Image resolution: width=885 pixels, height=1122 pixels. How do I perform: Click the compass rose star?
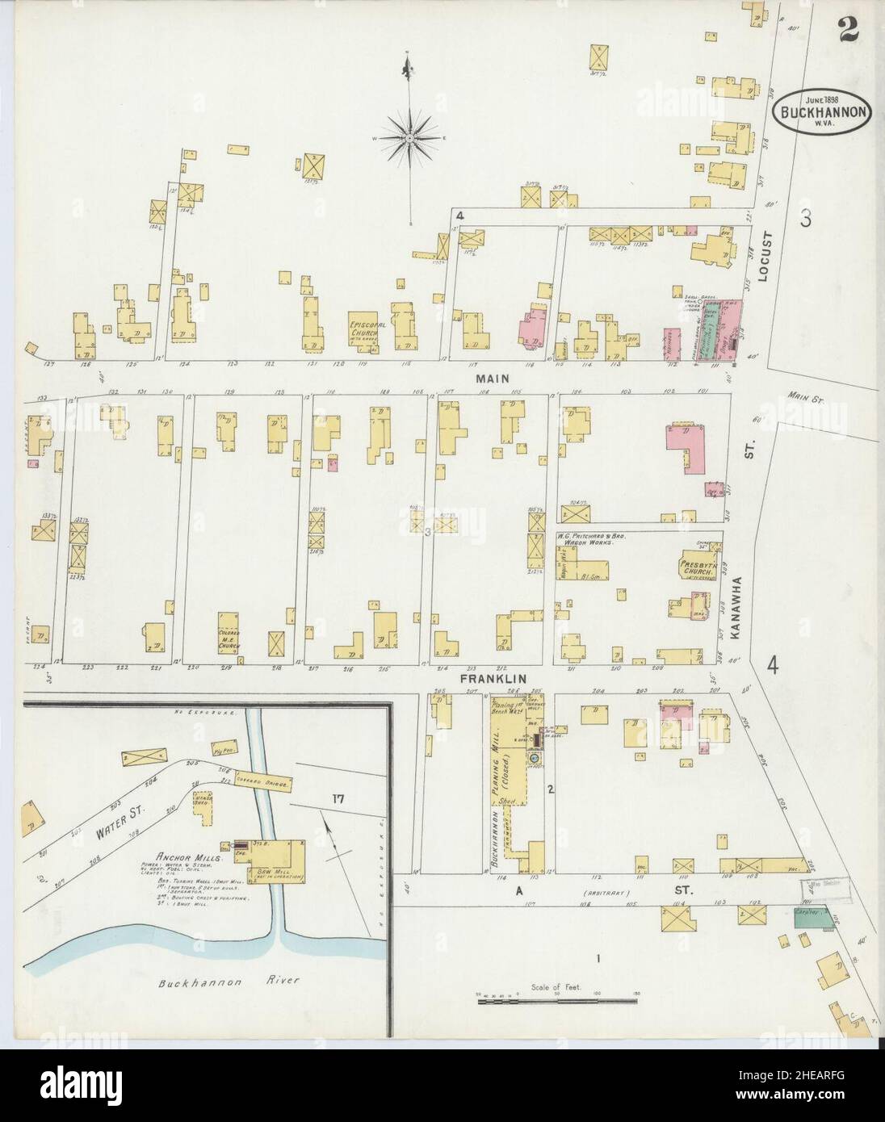coord(410,139)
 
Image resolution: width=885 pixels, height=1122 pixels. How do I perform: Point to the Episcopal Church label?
coord(363,329)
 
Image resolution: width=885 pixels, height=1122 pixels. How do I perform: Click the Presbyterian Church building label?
coord(694,566)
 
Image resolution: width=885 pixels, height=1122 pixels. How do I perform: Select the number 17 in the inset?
coord(337,799)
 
